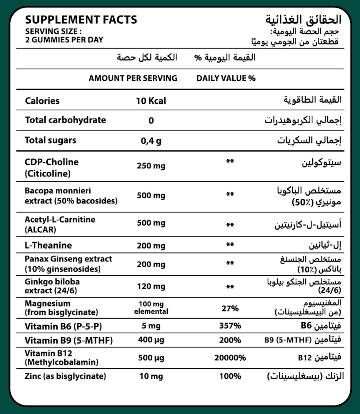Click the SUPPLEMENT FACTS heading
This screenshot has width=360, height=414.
[x=81, y=20]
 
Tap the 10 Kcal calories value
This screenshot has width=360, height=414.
[x=151, y=101]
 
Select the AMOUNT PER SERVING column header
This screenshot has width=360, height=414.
[x=133, y=78]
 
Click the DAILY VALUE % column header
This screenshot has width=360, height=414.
[x=226, y=78]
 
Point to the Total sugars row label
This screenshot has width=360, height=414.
[x=50, y=140]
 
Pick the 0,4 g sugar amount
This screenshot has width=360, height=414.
[x=151, y=141]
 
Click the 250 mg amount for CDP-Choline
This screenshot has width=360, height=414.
[x=151, y=166]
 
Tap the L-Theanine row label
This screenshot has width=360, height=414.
[x=48, y=245]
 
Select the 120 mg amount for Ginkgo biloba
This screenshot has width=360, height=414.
[x=151, y=286]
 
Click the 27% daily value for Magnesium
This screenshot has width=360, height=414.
[x=230, y=309]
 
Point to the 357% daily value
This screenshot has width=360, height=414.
[x=230, y=326]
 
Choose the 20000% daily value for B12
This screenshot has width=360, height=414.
[x=230, y=358]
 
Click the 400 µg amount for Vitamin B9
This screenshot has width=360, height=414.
[x=151, y=340]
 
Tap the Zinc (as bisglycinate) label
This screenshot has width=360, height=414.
[x=65, y=376]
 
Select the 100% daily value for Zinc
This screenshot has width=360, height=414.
[x=230, y=376]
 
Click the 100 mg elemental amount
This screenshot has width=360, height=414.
[x=151, y=308]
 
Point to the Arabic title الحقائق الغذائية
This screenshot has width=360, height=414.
[x=303, y=20]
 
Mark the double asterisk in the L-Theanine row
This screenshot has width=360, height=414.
[x=230, y=244]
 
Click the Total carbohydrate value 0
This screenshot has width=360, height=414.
[x=151, y=120]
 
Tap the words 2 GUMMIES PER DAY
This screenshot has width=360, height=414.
[x=64, y=40]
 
